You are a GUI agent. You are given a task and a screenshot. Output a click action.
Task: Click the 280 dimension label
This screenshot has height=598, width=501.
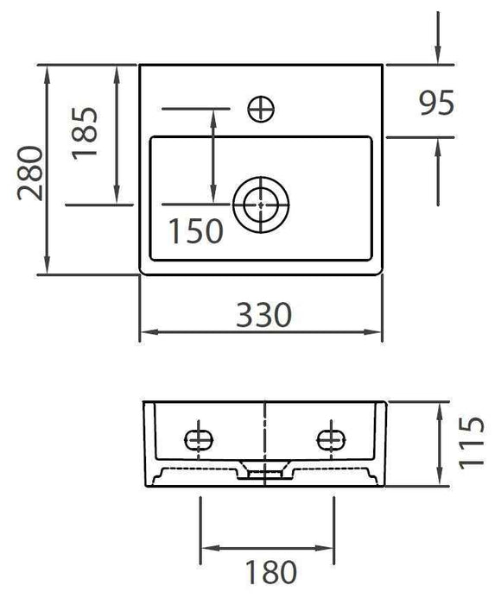pyautogui.click(x=29, y=170)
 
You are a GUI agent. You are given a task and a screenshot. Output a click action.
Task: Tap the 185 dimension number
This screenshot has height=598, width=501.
pyautogui.click(x=86, y=132)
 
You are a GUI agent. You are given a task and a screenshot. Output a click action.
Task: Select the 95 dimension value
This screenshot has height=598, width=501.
pyautogui.click(x=436, y=104)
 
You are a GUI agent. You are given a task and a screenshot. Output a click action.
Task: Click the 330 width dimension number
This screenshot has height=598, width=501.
pyautogui.click(x=263, y=314)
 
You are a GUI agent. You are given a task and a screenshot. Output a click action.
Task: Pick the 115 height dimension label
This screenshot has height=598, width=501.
pyautogui.click(x=472, y=442)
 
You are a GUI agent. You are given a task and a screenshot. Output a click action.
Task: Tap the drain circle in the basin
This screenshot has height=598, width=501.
pyautogui.click(x=260, y=205)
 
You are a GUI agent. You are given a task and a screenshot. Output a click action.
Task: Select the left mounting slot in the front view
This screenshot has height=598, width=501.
pyautogui.click(x=200, y=438)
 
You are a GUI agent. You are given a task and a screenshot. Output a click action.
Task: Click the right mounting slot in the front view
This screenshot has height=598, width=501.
pyautogui.click(x=330, y=438)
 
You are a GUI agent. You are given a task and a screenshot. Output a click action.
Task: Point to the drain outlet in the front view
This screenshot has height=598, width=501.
pyautogui.click(x=265, y=471)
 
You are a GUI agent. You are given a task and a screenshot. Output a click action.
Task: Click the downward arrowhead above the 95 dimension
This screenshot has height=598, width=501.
pyautogui.click(x=439, y=57)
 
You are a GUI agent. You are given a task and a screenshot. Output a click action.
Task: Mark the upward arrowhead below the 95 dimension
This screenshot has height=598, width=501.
pyautogui.click(x=439, y=146)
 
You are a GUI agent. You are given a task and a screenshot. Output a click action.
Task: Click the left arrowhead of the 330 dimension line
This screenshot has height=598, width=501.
pyautogui.click(x=147, y=331)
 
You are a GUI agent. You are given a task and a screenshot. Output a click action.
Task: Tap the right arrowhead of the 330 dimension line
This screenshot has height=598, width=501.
pyautogui.click(x=376, y=331)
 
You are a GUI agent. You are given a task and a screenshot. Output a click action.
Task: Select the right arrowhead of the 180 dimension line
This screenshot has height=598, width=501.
pyautogui.click(x=325, y=548)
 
